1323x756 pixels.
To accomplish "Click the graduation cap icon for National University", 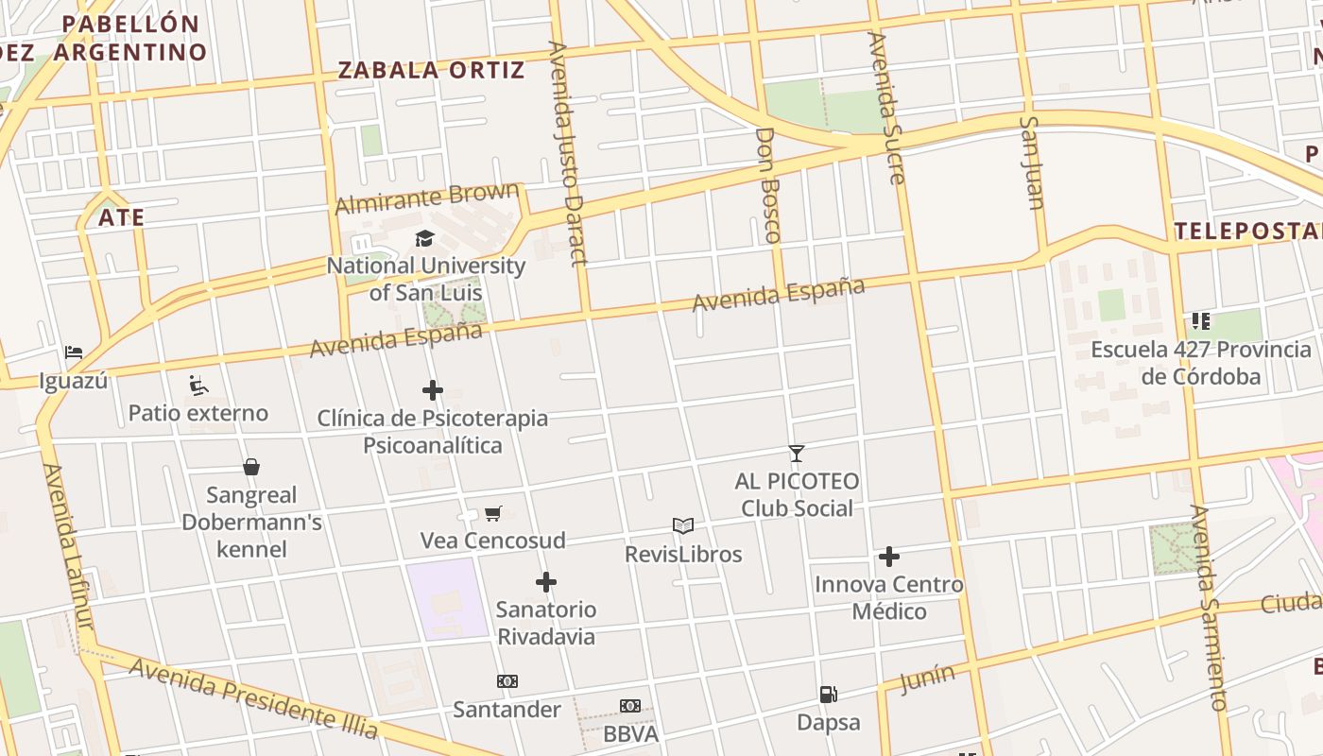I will coord(424,239).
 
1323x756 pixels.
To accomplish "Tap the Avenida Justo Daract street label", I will coord(568,153).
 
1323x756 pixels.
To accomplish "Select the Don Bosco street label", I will coord(768,185).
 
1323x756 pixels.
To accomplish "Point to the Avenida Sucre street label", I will coord(886,108).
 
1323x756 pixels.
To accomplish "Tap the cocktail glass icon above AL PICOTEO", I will coord(797,454).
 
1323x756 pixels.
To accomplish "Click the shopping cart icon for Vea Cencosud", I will coord(492,514).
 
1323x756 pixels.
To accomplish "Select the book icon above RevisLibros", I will coord(683,526).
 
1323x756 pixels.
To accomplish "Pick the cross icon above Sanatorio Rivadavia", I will coord(546,582).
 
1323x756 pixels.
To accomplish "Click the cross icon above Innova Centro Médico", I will coord(889,557).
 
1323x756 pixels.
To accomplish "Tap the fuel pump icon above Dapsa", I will coord(829,696).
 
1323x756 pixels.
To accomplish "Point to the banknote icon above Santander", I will coord(507,681).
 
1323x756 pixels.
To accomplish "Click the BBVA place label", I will coord(630,733).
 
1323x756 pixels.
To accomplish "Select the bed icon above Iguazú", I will coord(74,352).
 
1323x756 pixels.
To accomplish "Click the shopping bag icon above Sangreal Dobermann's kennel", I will coord(251,467).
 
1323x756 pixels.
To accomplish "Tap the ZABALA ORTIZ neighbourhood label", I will coord(431,70).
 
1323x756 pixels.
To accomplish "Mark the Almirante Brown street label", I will coord(427,198).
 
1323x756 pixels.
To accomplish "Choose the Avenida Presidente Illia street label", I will coord(253,698).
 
